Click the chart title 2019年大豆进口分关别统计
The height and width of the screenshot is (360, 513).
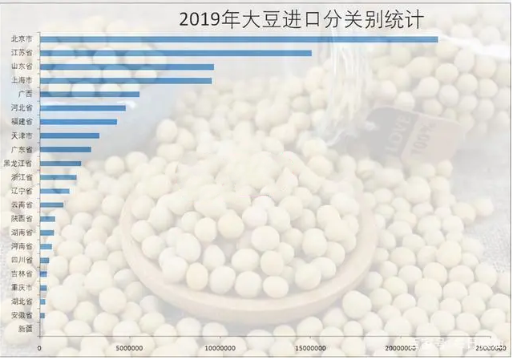pos(301,18)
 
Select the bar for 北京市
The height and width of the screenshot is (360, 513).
pos(238,39)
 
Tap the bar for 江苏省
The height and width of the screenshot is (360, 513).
pos(176,53)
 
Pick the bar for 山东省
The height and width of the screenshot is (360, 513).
pos(127,67)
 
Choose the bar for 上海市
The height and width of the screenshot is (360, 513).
pos(126,80)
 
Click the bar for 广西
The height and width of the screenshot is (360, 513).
pos(89,94)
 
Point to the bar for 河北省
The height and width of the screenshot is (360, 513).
pos(83,107)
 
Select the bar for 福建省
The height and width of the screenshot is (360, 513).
pos(78,122)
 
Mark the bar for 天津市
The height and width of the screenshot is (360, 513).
pos(69,136)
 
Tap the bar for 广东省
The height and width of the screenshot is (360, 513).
pos(65,149)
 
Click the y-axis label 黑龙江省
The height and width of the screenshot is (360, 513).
pos(18,163)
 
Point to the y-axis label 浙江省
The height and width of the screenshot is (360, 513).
pos(22,177)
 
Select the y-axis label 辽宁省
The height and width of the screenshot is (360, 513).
pos(22,191)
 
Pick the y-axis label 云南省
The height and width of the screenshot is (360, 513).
pos(22,205)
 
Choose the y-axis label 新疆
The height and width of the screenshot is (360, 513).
pos(25,329)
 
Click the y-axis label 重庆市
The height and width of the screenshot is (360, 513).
pos(22,287)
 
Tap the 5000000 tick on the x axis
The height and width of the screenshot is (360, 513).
pos(129,349)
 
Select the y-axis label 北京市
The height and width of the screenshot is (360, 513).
pos(22,39)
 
